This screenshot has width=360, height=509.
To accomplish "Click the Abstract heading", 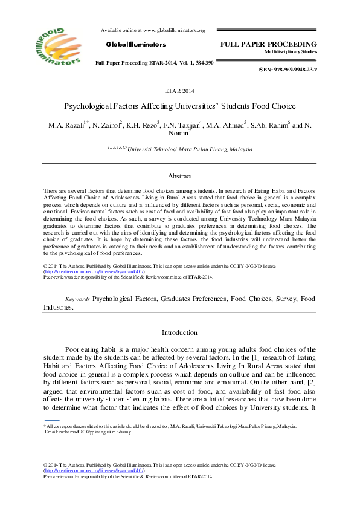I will pos(179,176).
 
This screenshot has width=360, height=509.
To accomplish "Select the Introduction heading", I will pos(179,332).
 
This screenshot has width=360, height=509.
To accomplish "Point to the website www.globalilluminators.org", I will pos(174,30).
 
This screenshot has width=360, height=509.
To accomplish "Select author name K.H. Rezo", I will pos(143,125).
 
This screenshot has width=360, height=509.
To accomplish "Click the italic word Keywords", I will pos(78,299).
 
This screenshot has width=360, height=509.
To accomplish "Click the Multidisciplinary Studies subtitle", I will pos(291,53).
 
